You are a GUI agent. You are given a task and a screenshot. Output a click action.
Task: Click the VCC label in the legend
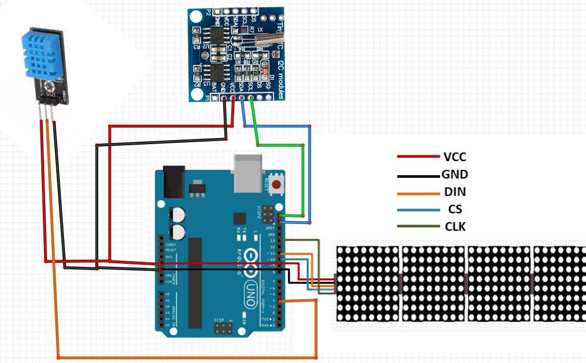click(455, 157)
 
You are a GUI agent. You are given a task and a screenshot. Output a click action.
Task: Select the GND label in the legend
click(455, 174)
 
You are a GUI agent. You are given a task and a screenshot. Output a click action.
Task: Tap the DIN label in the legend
click(455, 192)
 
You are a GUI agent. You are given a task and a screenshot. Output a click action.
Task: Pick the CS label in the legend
click(455, 209)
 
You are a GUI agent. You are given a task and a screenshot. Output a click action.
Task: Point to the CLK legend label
click(455, 226)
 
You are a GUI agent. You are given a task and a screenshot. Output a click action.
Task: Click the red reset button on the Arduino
click(277, 185)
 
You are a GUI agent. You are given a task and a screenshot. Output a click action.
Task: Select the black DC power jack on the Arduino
click(172, 182)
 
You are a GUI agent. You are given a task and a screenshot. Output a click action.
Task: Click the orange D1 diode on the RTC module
click(264, 67)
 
